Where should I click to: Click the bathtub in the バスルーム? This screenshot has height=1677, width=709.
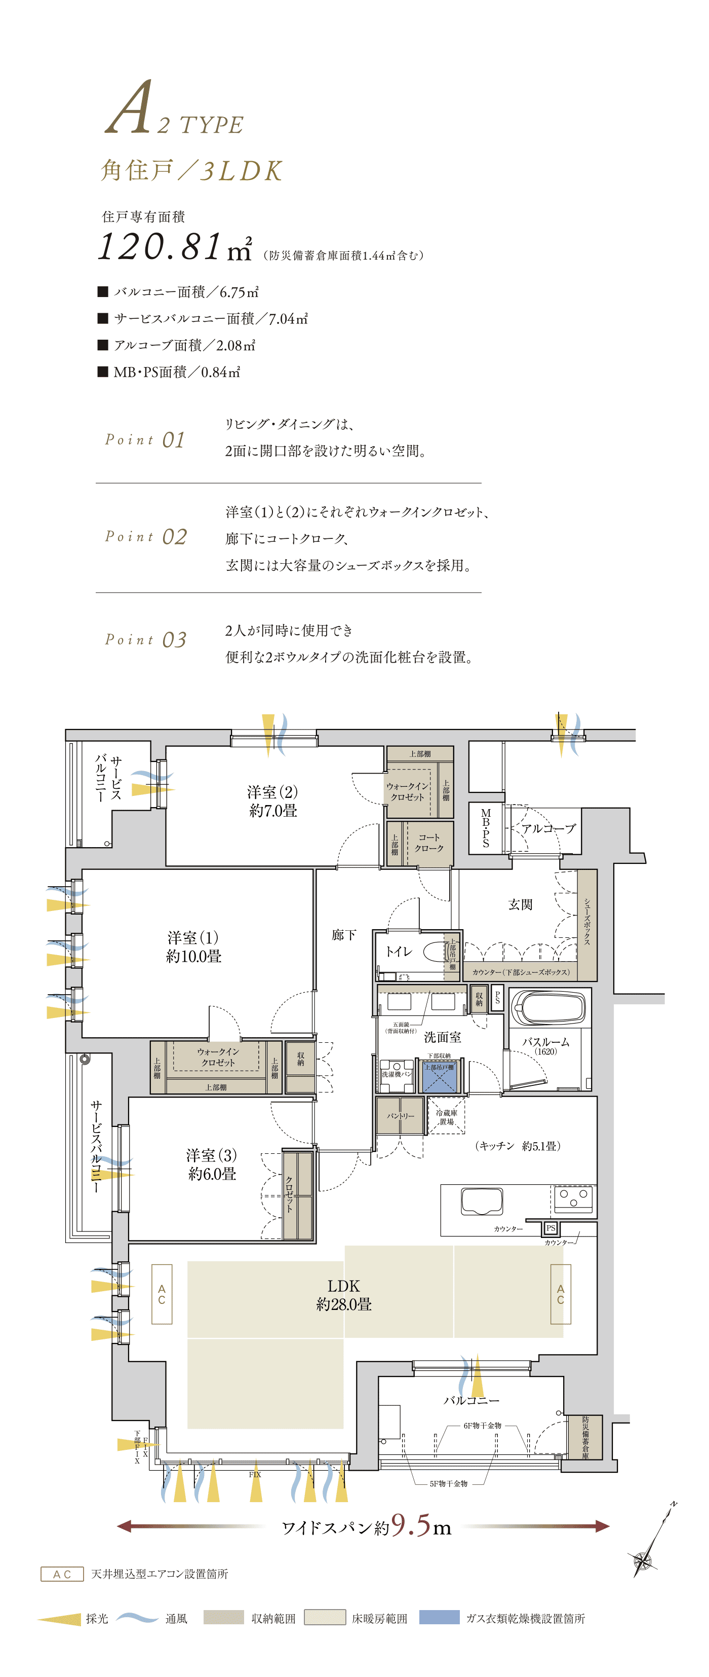click(x=549, y=1008)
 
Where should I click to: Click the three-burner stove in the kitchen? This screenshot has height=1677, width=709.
click(x=574, y=1199)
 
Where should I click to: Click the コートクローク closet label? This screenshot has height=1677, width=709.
click(x=429, y=843)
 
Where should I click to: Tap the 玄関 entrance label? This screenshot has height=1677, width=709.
click(x=521, y=904)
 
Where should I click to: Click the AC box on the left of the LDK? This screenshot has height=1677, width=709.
click(x=162, y=1294)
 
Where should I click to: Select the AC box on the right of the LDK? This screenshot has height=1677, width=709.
click(x=561, y=1294)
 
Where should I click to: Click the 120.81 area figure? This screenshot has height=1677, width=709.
click(x=160, y=247)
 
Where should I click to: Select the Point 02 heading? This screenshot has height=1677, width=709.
click(x=146, y=536)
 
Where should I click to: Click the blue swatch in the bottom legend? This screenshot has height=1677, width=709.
click(x=440, y=1617)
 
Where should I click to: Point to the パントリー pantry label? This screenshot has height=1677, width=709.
click(x=400, y=1116)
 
